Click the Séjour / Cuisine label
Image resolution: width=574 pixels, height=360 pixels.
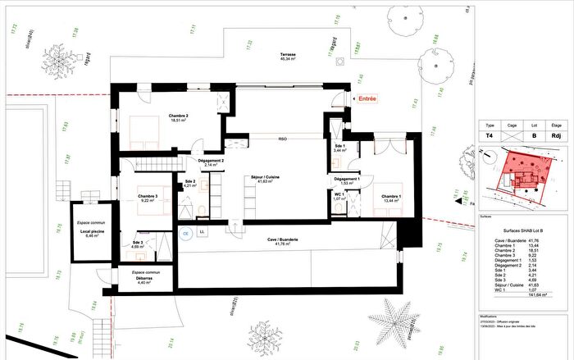(265, 178)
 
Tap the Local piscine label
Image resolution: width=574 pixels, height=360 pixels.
(89, 233)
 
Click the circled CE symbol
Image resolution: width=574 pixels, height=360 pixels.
(185, 233)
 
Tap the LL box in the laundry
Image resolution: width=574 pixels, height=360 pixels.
(203, 232)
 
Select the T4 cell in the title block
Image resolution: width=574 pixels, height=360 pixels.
(490, 138)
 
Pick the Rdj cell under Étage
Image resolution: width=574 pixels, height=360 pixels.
(558, 138)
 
